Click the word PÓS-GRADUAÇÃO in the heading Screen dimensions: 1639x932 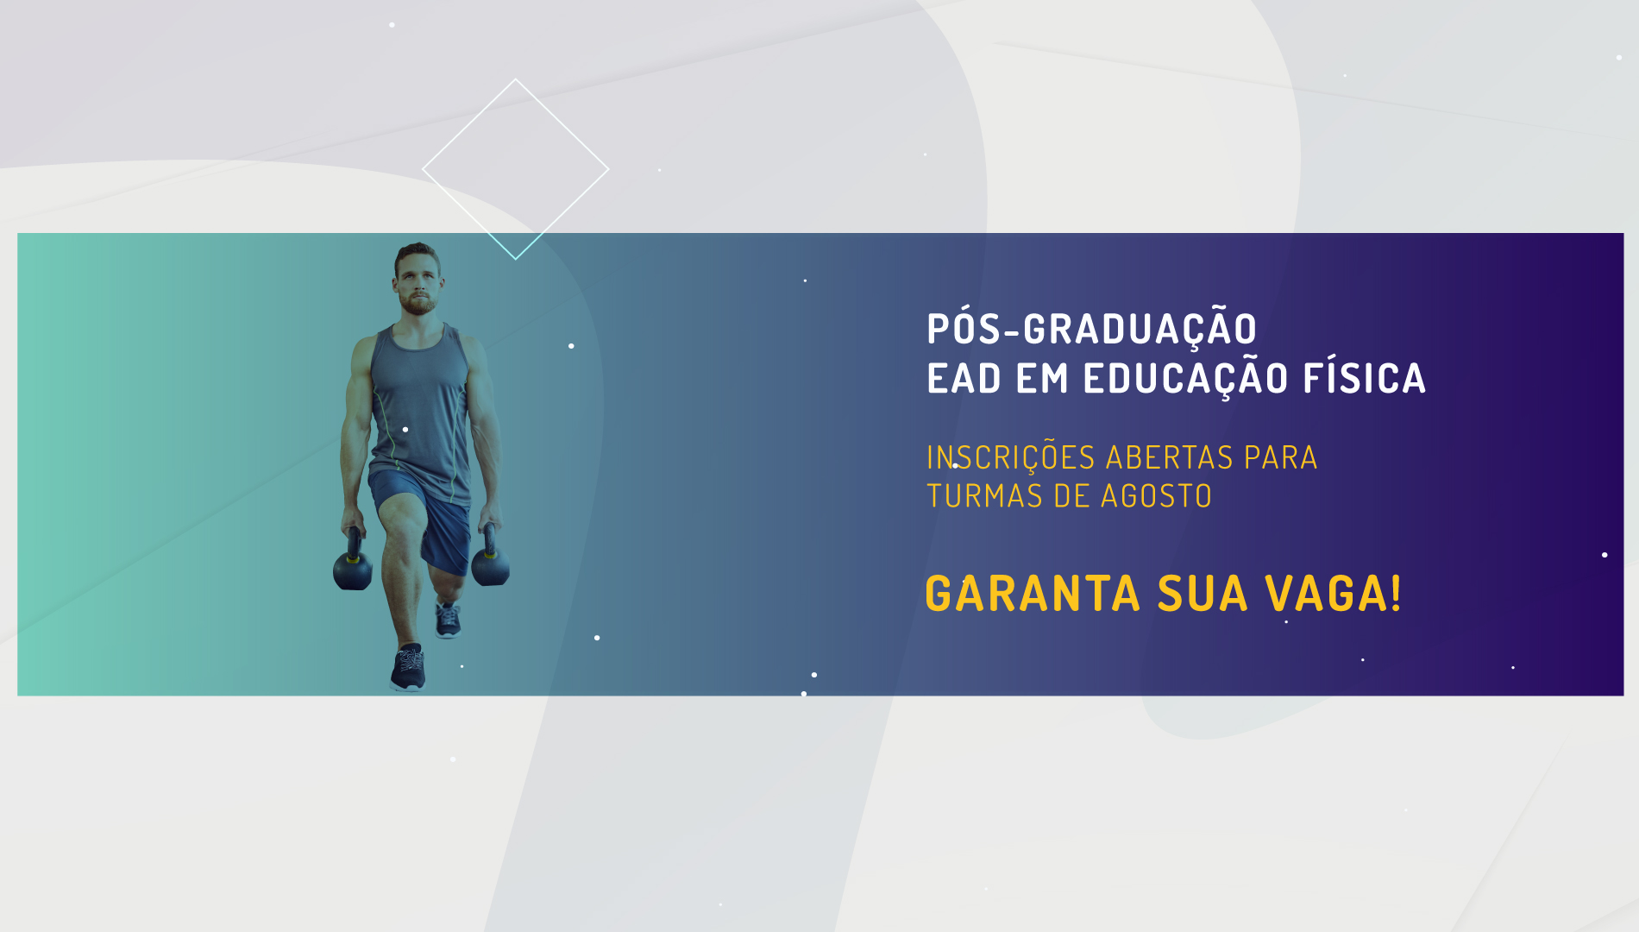coord(1091,329)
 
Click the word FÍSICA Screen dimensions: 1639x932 coord(1364,377)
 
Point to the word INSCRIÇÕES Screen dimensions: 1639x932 coord(1010,458)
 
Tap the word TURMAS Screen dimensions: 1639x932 coord(984,496)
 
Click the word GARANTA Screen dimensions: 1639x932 coord(1033,594)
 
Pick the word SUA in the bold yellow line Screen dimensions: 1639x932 coord(1203,594)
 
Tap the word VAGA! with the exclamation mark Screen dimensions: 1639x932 coord(1333,594)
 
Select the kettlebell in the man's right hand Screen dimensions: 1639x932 coord(352,563)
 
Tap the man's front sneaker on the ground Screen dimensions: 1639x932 coord(408,668)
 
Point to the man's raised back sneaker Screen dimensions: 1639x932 coord(448,620)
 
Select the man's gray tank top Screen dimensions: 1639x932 coord(420,406)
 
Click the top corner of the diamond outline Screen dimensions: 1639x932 coord(516,79)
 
